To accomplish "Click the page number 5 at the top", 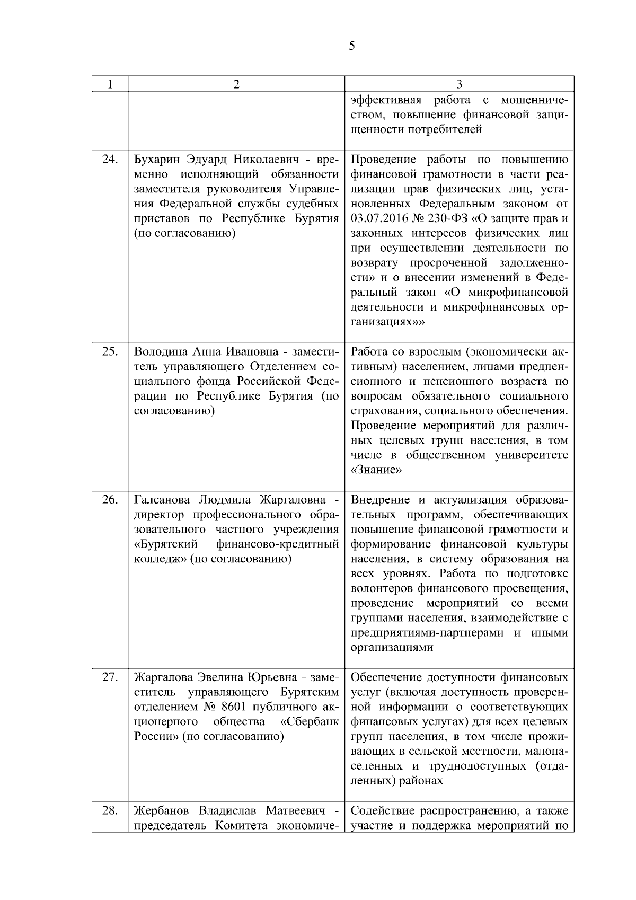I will [352, 46].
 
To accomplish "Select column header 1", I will [110, 84].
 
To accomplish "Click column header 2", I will [236, 84].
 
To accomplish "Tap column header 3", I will [460, 84].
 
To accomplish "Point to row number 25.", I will [110, 352].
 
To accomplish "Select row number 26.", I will [110, 500].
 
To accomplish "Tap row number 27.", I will [110, 677].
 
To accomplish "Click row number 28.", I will [110, 810].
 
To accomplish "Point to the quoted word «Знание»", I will [376, 470].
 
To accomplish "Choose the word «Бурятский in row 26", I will [166, 544].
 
